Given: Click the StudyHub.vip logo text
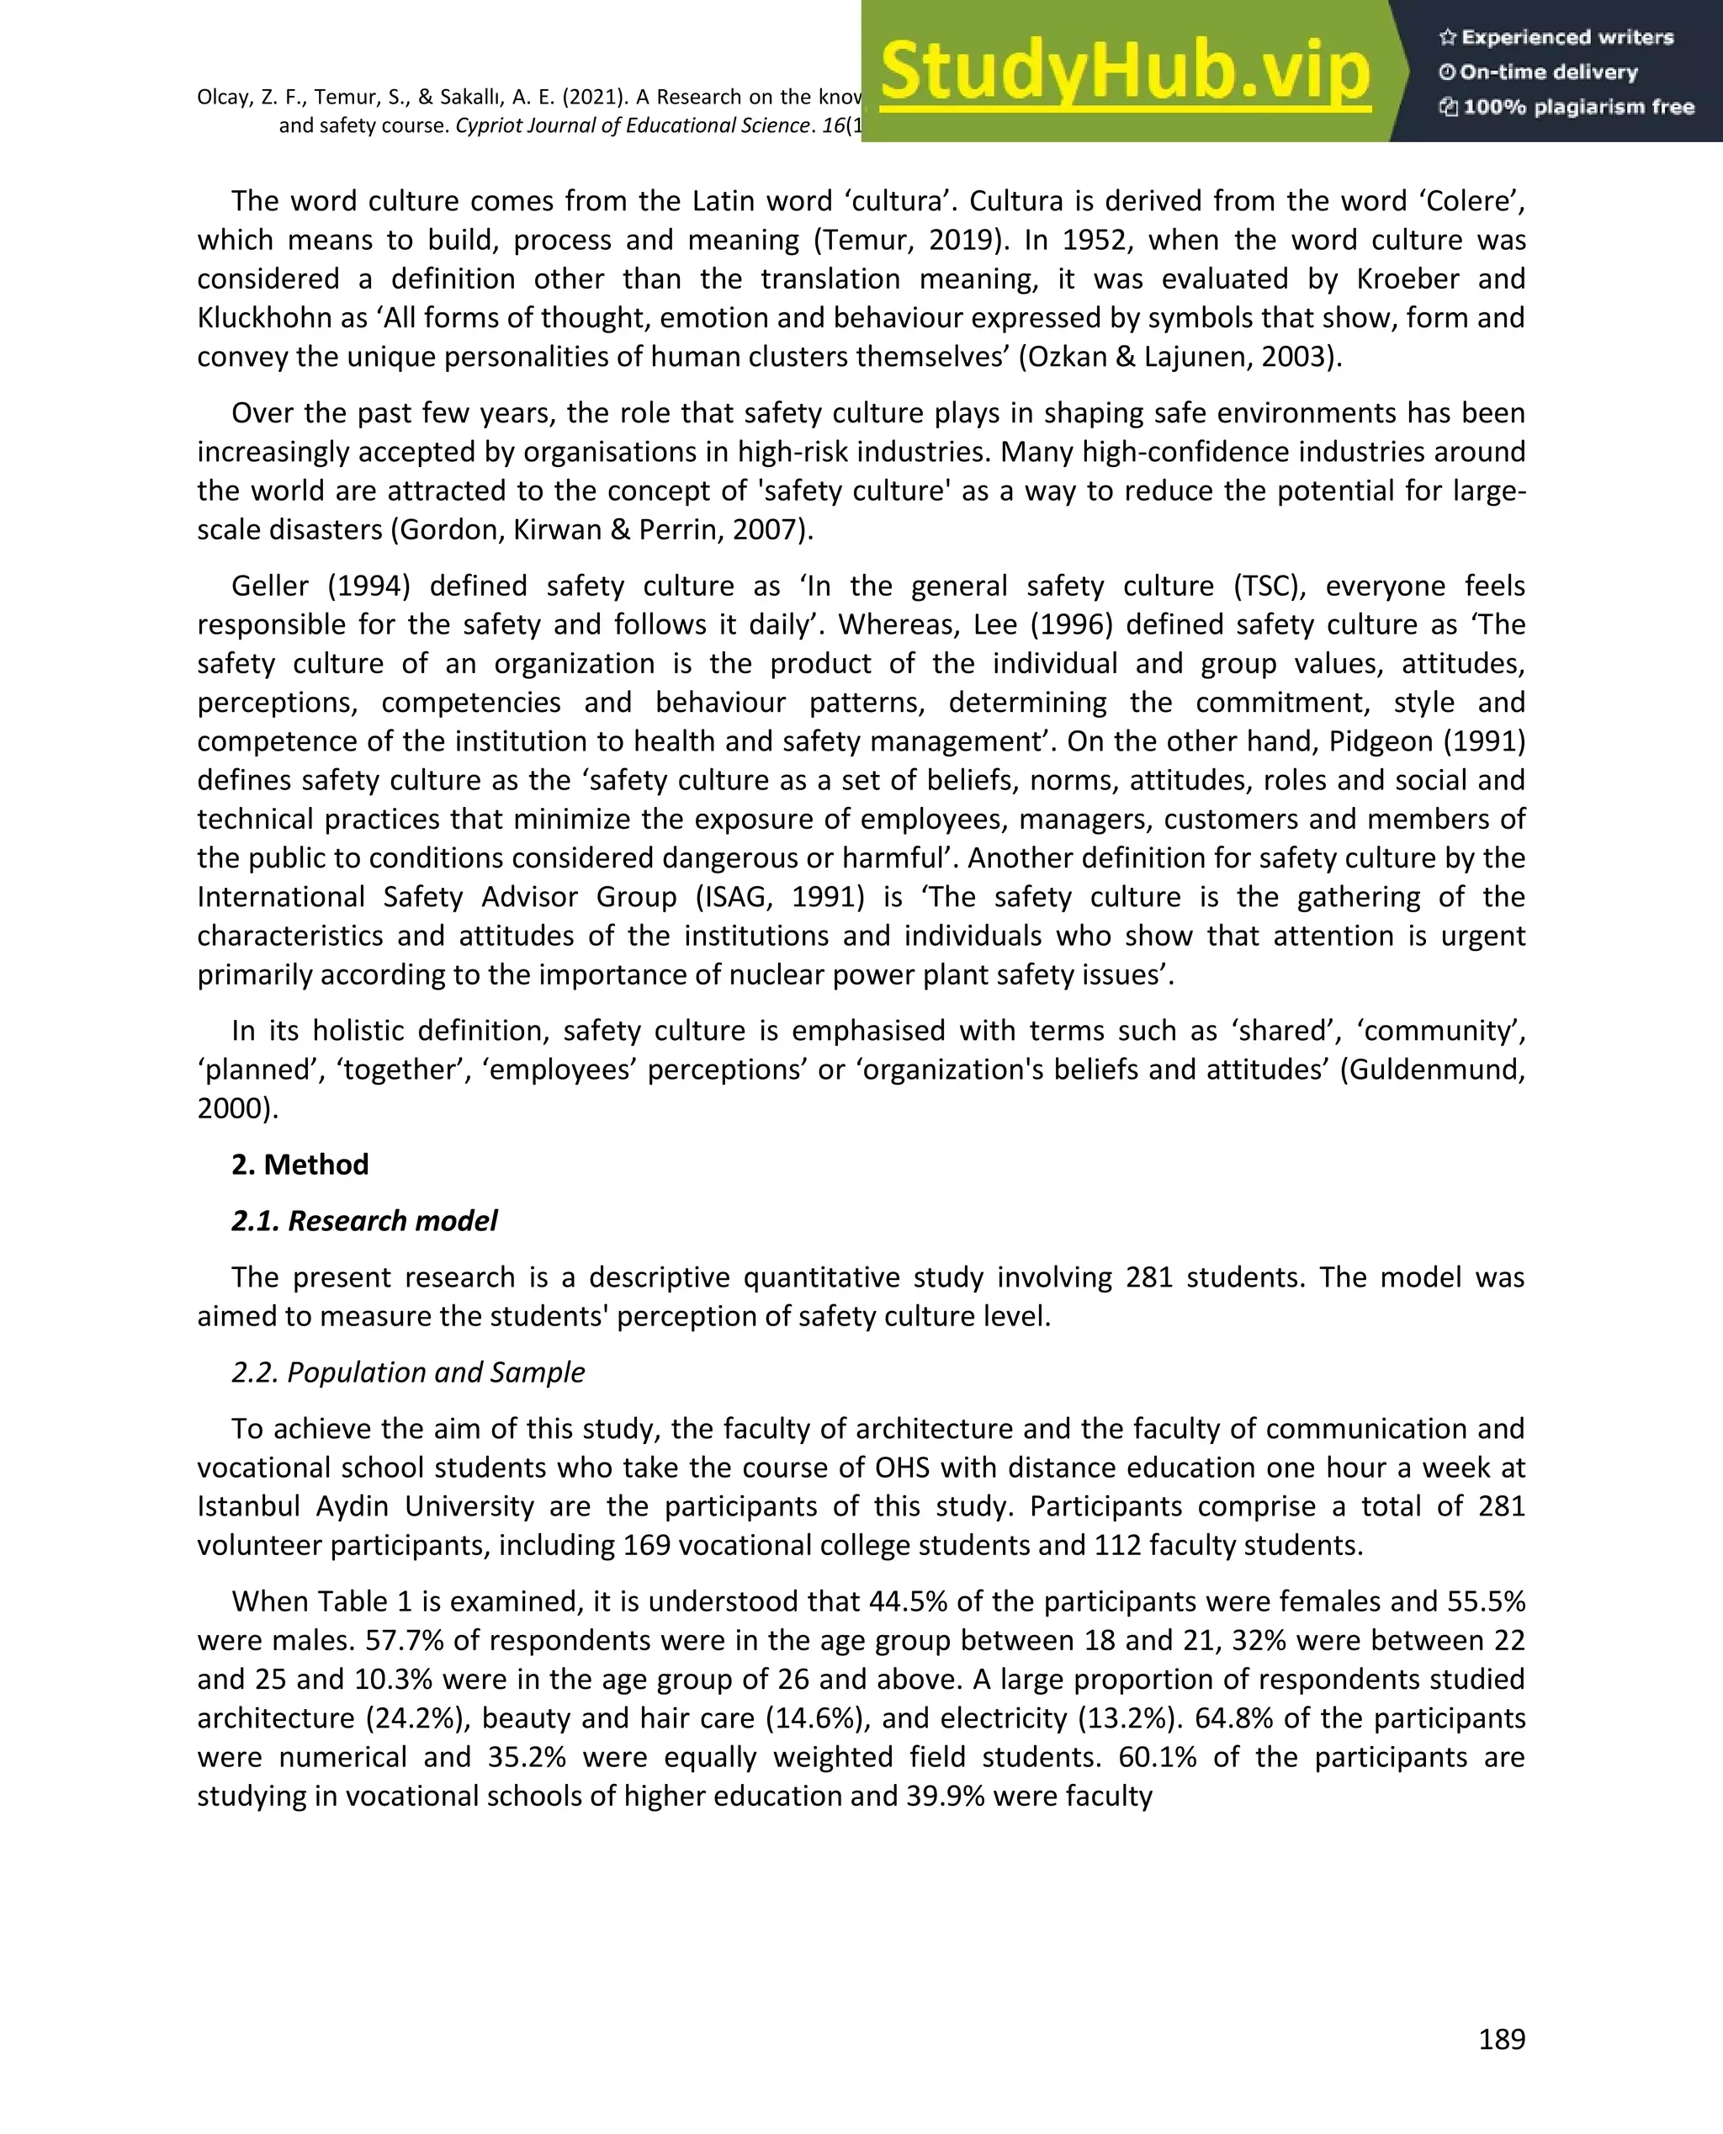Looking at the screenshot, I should point(1125,72).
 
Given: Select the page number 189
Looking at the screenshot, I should point(1501,2039).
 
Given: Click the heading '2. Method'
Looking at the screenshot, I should point(300,1165).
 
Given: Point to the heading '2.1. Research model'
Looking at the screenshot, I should point(364,1221).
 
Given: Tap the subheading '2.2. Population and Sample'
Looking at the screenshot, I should point(408,1372).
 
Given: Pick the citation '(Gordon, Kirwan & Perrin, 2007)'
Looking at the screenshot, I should point(601,530).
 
